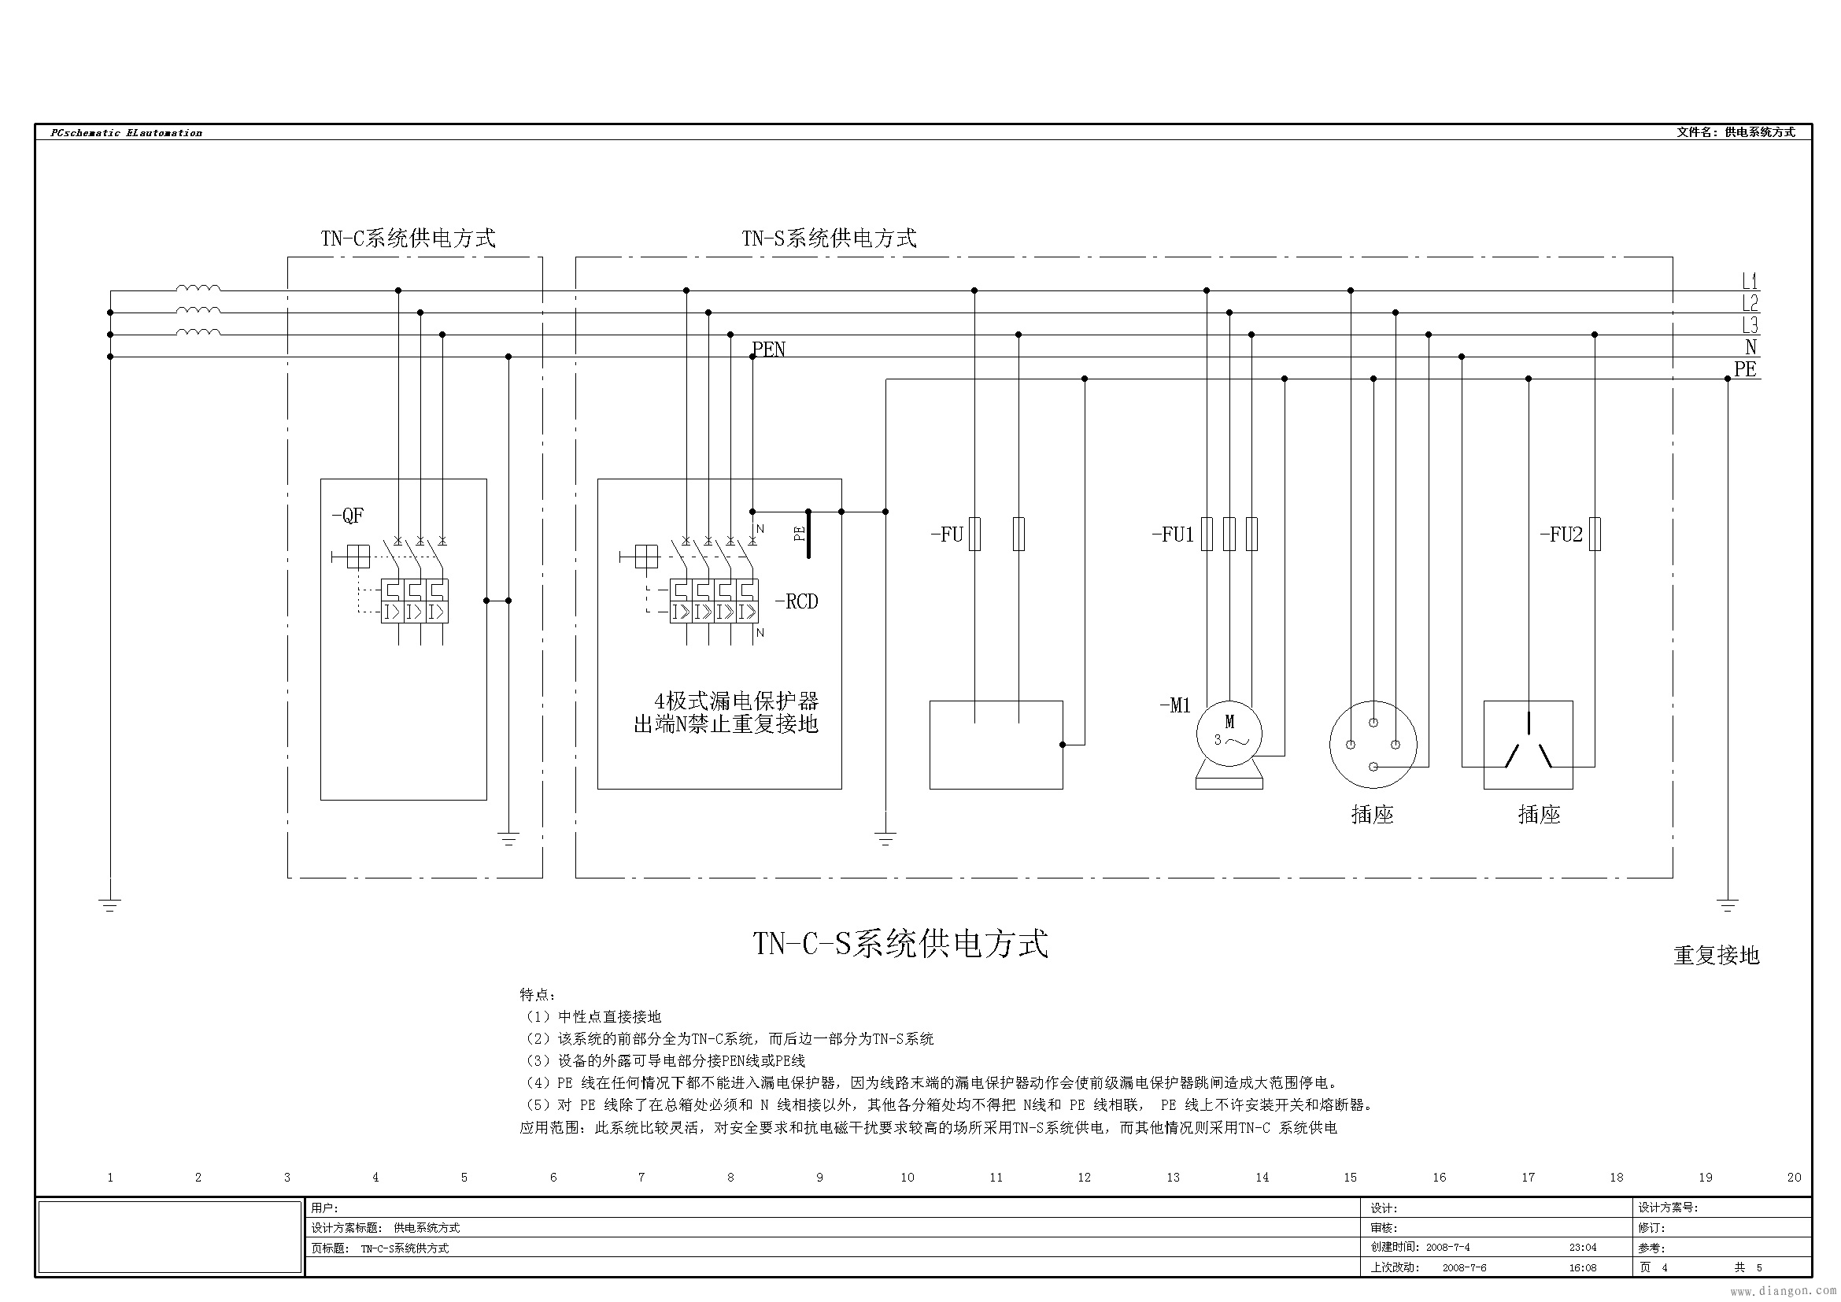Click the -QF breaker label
tap(348, 516)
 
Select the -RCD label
tap(797, 601)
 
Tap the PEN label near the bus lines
tap(769, 350)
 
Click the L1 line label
tap(1750, 281)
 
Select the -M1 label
tap(1175, 705)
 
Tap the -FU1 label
tap(1173, 534)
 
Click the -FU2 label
tap(1561, 534)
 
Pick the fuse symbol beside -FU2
tap(1595, 534)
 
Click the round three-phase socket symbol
tap(1373, 745)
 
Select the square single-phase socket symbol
tap(1528, 745)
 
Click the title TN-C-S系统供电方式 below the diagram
tap(900, 944)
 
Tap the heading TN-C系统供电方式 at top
tap(408, 238)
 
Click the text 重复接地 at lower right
tap(1716, 955)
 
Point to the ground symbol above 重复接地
tap(1727, 906)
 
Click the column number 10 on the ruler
tap(907, 1177)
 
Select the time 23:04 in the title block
tap(1583, 1248)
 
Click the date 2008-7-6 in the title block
tap(1464, 1267)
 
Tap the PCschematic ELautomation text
tap(126, 133)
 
